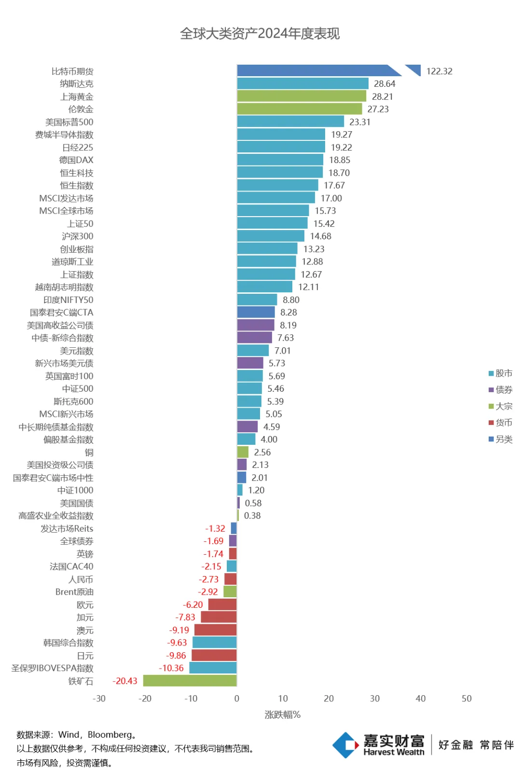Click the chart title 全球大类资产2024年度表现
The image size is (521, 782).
tap(260, 33)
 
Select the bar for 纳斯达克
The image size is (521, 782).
tap(302, 83)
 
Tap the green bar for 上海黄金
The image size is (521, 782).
tap(302, 96)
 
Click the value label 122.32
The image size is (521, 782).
tap(439, 71)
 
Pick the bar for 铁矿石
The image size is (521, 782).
tap(190, 681)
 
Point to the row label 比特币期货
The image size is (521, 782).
tap(72, 71)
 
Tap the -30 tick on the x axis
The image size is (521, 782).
tap(99, 699)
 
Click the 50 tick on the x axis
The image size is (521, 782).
tap(466, 699)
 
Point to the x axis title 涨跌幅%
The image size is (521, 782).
tap(282, 714)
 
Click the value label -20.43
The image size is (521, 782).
tap(125, 681)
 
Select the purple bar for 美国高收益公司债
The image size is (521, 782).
tap(256, 325)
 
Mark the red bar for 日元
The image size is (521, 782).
tap(214, 655)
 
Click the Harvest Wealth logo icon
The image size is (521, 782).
tap(346, 745)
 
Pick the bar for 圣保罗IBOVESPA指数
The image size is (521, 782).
tap(213, 668)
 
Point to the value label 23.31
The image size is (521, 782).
tap(360, 122)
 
